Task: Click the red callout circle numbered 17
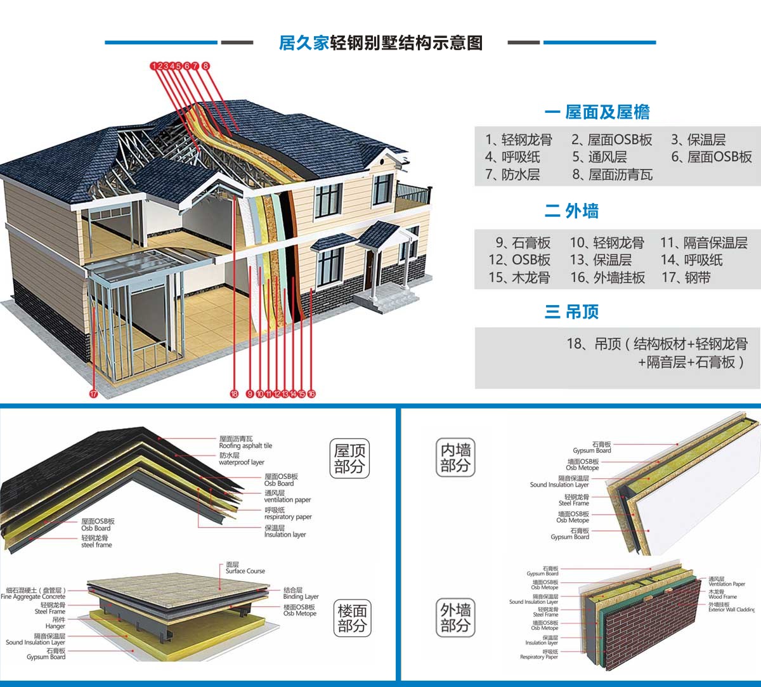tap(93, 394)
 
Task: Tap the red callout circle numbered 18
tap(234, 394)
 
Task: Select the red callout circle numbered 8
tap(205, 65)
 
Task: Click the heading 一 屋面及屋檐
tap(597, 112)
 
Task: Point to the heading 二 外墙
tap(571, 211)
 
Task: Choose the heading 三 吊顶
tap(571, 311)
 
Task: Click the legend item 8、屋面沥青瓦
tap(612, 174)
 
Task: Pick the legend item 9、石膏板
tap(523, 243)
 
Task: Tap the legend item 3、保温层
tap(698, 140)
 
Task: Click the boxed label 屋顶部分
tap(350, 459)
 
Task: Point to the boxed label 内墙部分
tap(455, 457)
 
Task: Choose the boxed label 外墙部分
tap(455, 618)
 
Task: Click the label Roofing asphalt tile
tap(245, 446)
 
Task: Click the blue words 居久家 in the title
tap(304, 43)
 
